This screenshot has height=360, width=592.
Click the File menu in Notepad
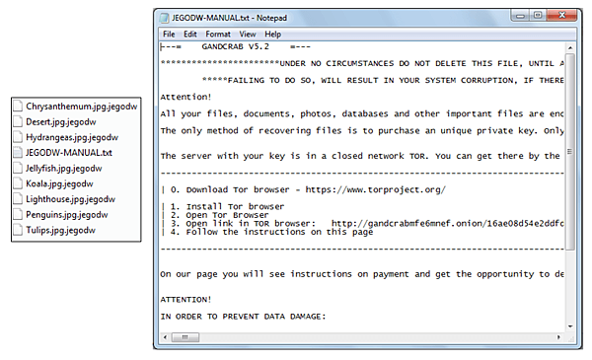(x=169, y=35)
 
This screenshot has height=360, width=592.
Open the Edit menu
(x=189, y=35)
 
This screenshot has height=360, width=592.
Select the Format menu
(x=218, y=35)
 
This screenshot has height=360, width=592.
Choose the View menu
(x=248, y=35)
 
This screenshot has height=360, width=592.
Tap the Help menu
(x=272, y=35)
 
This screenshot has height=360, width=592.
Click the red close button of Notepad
(x=561, y=16)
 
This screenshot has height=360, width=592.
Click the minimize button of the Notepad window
(x=520, y=16)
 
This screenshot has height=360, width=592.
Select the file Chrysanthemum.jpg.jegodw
(x=81, y=107)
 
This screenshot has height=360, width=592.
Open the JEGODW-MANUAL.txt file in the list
(x=69, y=153)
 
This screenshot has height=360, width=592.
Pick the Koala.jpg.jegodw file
(x=59, y=183)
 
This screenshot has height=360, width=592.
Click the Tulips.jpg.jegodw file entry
(x=60, y=230)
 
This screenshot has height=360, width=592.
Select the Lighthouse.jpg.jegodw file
(x=70, y=199)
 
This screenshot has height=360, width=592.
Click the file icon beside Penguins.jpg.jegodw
(x=18, y=214)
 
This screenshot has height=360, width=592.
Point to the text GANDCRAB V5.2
(x=235, y=46)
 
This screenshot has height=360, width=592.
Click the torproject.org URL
(x=375, y=189)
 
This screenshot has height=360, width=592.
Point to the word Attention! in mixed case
(x=185, y=97)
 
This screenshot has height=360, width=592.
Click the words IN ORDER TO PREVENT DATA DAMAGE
(x=243, y=317)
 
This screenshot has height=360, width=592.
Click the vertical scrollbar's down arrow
(x=570, y=326)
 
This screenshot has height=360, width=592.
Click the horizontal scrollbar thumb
(x=185, y=337)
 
